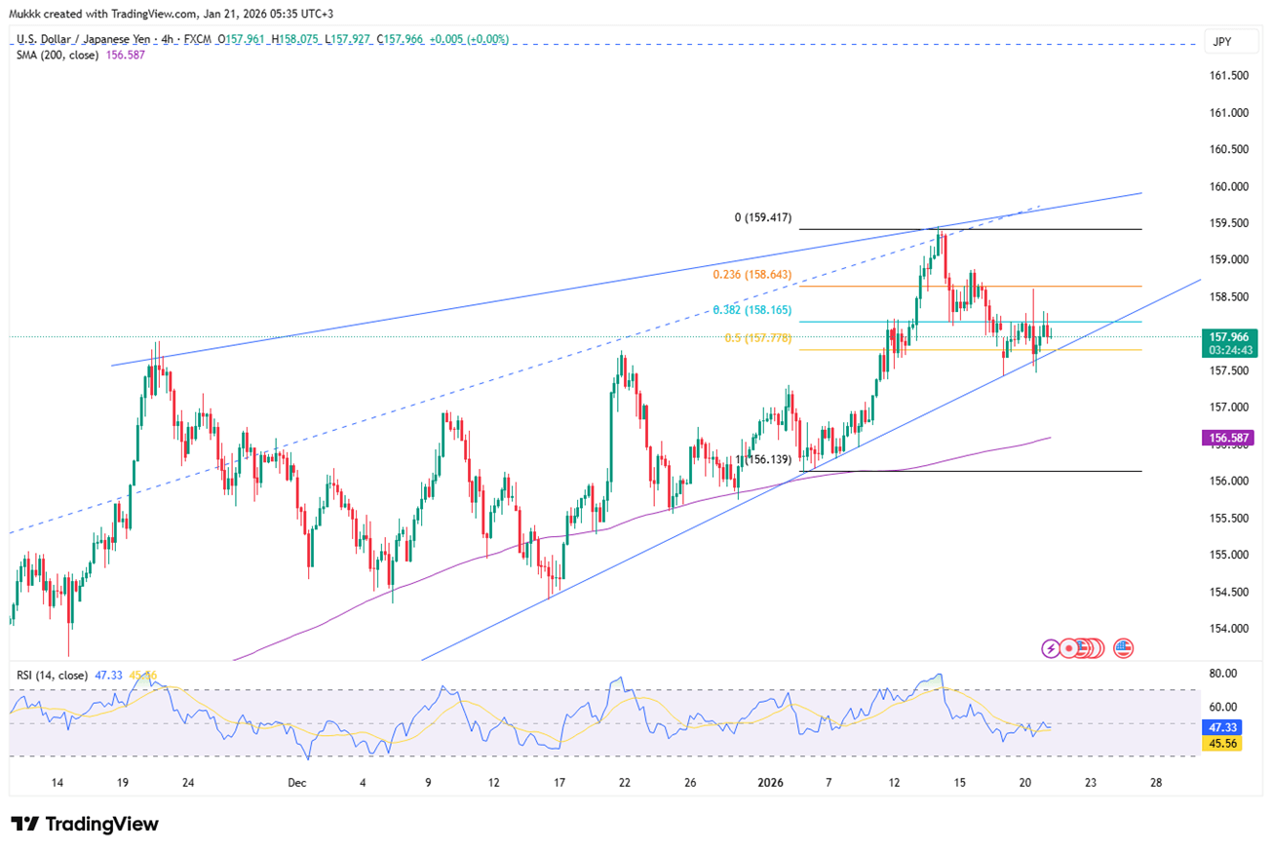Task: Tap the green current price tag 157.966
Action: click(1228, 335)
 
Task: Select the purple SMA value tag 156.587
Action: click(1228, 439)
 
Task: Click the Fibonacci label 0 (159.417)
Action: click(762, 218)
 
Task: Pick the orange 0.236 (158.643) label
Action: click(752, 275)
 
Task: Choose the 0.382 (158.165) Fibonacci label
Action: click(752, 310)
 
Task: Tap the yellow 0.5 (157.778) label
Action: click(756, 338)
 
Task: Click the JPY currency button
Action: click(1221, 41)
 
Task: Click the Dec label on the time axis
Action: click(297, 782)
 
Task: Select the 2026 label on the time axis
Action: click(770, 782)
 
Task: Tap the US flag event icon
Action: click(1123, 647)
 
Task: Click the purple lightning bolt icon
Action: click(1051, 647)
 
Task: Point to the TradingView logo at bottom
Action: click(85, 824)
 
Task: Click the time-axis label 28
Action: click(1156, 782)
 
